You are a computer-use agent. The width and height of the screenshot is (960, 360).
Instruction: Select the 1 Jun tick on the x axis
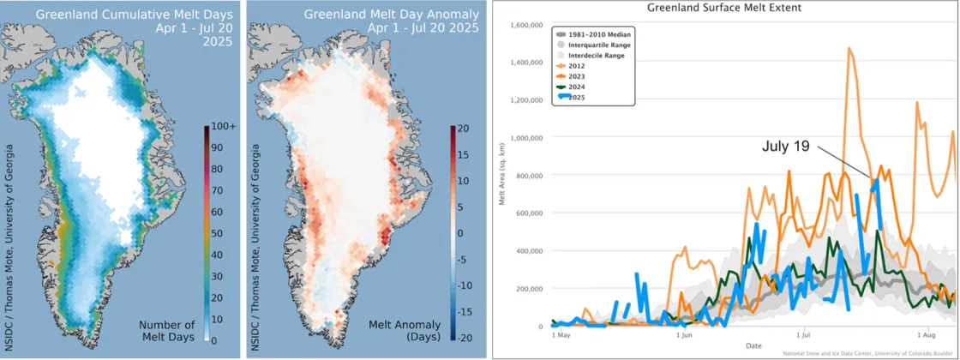(x=683, y=336)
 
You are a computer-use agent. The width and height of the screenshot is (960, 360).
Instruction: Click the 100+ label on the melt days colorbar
(x=220, y=127)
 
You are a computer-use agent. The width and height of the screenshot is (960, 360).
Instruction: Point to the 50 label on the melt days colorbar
(x=217, y=233)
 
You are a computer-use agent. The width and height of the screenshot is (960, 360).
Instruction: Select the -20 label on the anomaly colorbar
(x=459, y=339)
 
